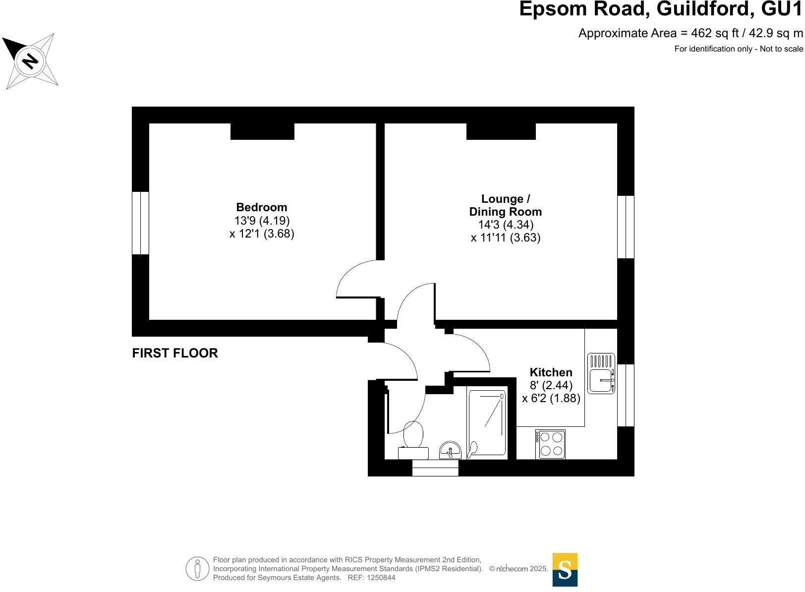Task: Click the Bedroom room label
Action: point(262,207)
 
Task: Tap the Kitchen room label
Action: point(551,372)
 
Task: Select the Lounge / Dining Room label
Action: point(505,205)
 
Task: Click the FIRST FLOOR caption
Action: point(175,353)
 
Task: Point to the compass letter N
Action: point(30,61)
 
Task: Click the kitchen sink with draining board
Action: point(601,373)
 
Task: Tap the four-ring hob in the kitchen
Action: point(550,444)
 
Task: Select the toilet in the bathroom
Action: point(413,441)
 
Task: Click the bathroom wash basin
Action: point(450,450)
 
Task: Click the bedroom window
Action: point(140,223)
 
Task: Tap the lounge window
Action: point(626,227)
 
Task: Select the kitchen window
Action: point(626,395)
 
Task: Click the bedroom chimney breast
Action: point(262,131)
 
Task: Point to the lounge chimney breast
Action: point(501,131)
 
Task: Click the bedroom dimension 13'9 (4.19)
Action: point(262,220)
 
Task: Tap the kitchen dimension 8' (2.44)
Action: point(551,385)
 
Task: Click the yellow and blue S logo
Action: point(565,570)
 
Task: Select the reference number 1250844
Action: point(380,578)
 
